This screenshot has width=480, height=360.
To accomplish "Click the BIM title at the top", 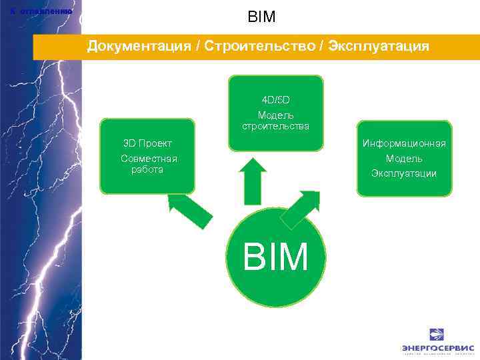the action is click(261, 17).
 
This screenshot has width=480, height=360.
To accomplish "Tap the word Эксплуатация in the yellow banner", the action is click(378, 47).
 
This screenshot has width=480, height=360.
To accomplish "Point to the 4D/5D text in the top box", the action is click(275, 100).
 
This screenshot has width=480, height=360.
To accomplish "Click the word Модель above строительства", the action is click(275, 115).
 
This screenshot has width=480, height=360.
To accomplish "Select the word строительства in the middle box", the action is click(275, 126).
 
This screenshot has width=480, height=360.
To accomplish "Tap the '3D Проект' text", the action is click(147, 143).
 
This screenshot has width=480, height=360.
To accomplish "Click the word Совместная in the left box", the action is click(149, 159).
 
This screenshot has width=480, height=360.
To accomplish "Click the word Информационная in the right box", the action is click(404, 143).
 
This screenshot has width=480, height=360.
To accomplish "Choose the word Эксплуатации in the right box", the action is click(404, 173).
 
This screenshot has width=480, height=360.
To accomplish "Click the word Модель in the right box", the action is click(404, 159).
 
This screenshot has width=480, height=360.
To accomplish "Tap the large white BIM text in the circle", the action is click(276, 256).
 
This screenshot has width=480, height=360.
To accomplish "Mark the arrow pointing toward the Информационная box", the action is click(301, 209).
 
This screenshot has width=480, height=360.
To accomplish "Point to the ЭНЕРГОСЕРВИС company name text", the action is click(437, 348).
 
